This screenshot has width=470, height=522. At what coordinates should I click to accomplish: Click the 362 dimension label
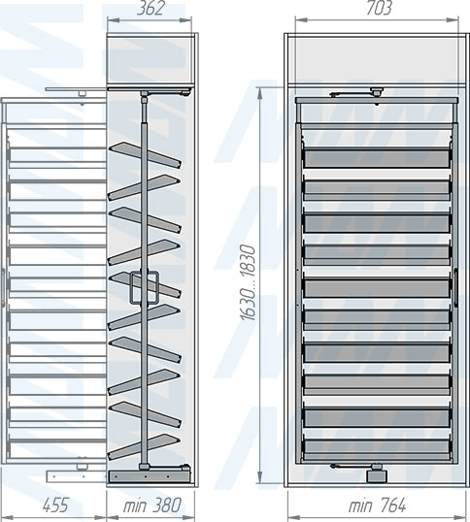coord(151,8)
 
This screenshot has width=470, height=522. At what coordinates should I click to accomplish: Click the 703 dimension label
coord(379,8)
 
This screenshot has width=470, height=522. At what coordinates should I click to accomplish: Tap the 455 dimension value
coord(55,505)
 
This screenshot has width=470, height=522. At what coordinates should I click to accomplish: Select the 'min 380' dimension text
coord(152,506)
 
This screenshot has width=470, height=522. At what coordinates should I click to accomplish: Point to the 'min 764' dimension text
coord(377,506)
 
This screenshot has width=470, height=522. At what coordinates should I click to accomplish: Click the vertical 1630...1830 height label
coord(248,282)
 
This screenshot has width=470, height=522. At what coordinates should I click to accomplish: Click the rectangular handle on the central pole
coord(144,287)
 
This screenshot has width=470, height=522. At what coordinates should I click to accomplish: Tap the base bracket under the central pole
coord(149,476)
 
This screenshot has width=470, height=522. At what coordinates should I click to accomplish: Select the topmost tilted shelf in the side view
coord(146,155)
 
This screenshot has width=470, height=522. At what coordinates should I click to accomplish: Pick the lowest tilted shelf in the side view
coord(144,447)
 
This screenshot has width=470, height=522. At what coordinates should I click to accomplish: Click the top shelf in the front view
coord(377,158)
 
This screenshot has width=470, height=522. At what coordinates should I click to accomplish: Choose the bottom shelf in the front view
coord(377,448)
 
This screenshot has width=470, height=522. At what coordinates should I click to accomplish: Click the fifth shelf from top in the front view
coord(377,287)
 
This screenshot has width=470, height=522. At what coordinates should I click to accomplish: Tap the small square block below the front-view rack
coord(377,476)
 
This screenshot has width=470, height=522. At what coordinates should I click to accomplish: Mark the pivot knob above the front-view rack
coord(377,92)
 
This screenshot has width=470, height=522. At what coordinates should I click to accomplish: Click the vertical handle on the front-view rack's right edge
coord(455,286)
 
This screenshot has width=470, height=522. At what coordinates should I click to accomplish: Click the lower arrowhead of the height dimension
coord(260,476)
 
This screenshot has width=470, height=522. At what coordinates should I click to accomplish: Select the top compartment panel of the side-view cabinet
coord(151,60)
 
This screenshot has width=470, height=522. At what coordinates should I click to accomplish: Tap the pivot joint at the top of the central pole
coord(145,97)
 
